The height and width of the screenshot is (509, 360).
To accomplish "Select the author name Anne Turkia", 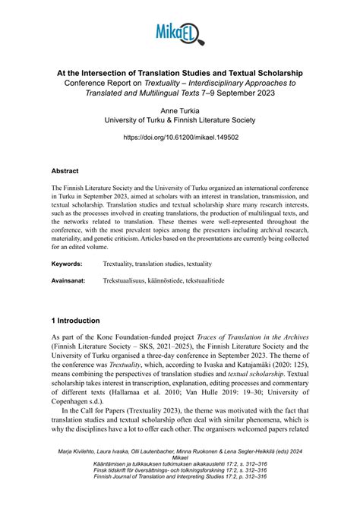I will (179, 109).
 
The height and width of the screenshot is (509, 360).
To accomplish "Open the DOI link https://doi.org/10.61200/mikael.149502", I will (179, 138).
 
